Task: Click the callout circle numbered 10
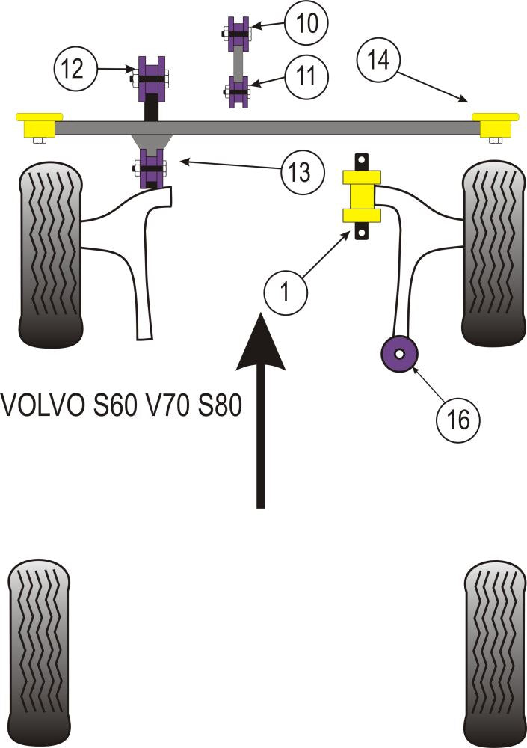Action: point(305,23)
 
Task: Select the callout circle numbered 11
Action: point(305,75)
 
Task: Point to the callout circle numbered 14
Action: point(379,59)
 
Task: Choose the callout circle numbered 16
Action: point(458,420)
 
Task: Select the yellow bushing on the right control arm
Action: point(362,197)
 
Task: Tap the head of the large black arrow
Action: point(260,344)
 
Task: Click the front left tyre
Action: point(50,254)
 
